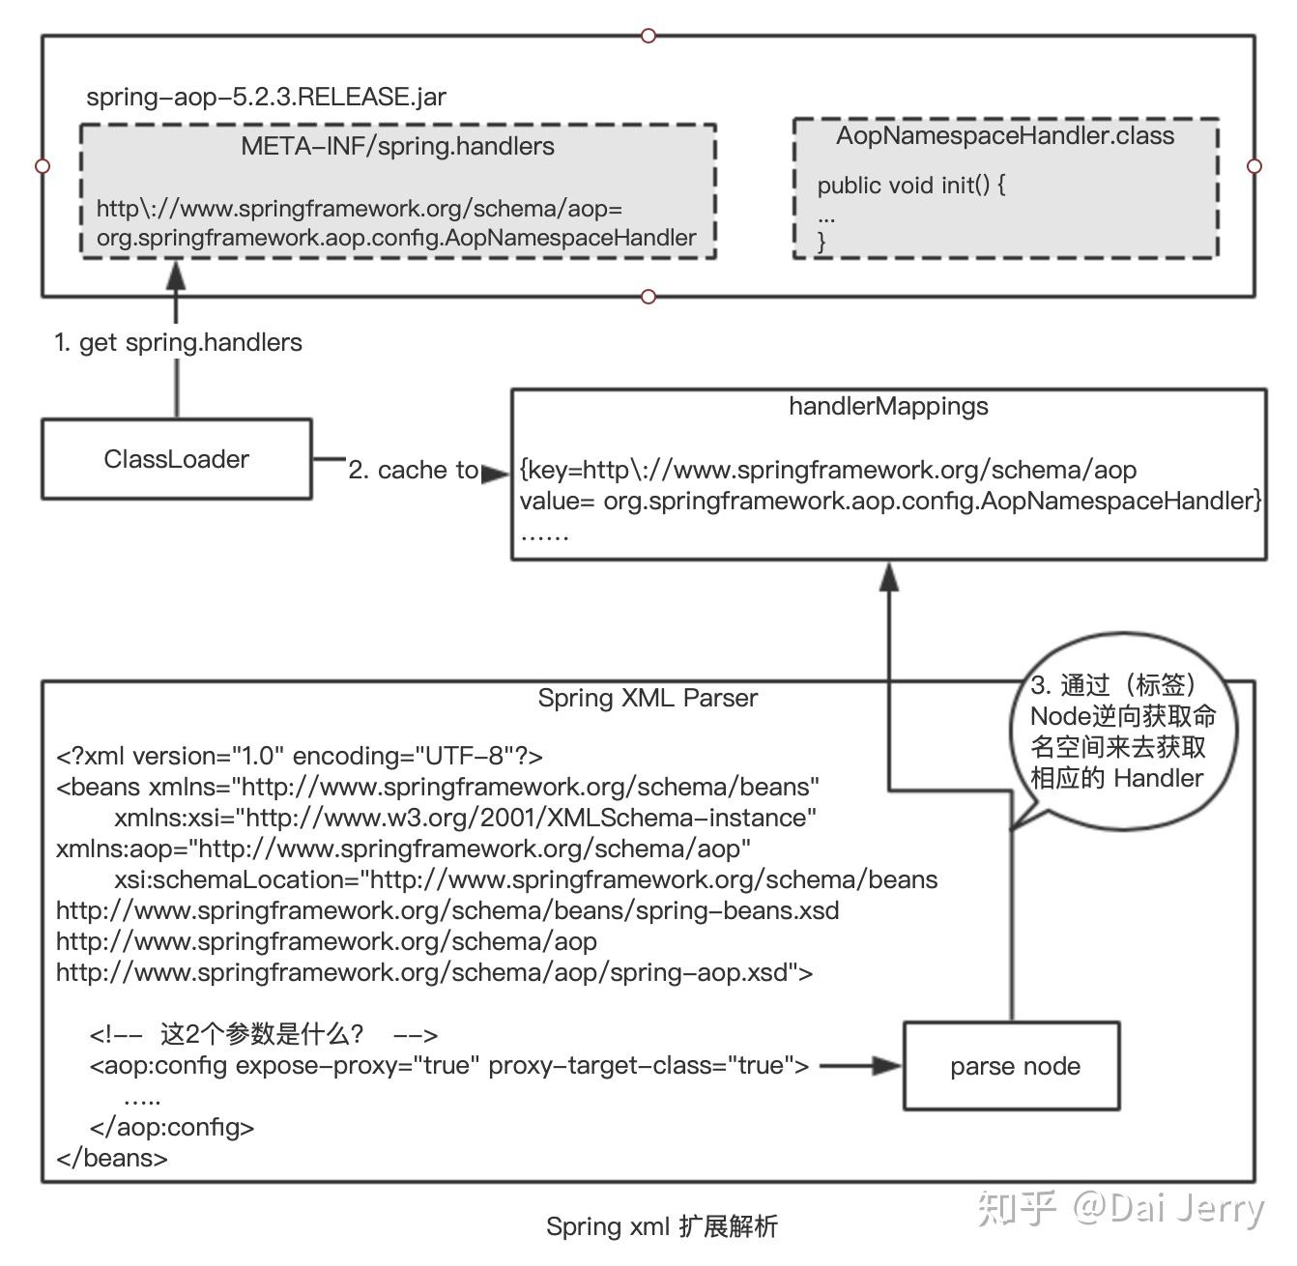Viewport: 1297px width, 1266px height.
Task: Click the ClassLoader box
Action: (176, 459)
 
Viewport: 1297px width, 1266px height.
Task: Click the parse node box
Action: (1012, 1066)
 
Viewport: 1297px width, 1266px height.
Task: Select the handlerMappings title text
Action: (888, 406)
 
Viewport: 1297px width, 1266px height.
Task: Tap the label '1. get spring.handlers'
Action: (178, 342)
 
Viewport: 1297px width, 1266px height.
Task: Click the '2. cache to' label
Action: (413, 470)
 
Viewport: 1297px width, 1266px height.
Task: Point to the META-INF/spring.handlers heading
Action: (397, 147)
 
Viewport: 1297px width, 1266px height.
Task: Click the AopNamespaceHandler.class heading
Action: (1005, 136)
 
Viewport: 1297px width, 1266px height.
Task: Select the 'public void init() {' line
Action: (910, 185)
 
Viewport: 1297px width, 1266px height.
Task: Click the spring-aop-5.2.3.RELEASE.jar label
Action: (266, 97)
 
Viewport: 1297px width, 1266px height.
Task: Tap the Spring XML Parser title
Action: (648, 698)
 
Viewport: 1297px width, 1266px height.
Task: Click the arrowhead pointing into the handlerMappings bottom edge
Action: (888, 576)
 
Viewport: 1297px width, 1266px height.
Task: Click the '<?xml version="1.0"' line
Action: (300, 756)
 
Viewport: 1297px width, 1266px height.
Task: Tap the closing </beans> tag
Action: (112, 1158)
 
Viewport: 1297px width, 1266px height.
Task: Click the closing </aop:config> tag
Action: (171, 1127)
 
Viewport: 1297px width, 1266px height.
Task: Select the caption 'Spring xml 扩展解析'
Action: (662, 1226)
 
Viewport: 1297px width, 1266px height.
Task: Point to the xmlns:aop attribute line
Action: (403, 849)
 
